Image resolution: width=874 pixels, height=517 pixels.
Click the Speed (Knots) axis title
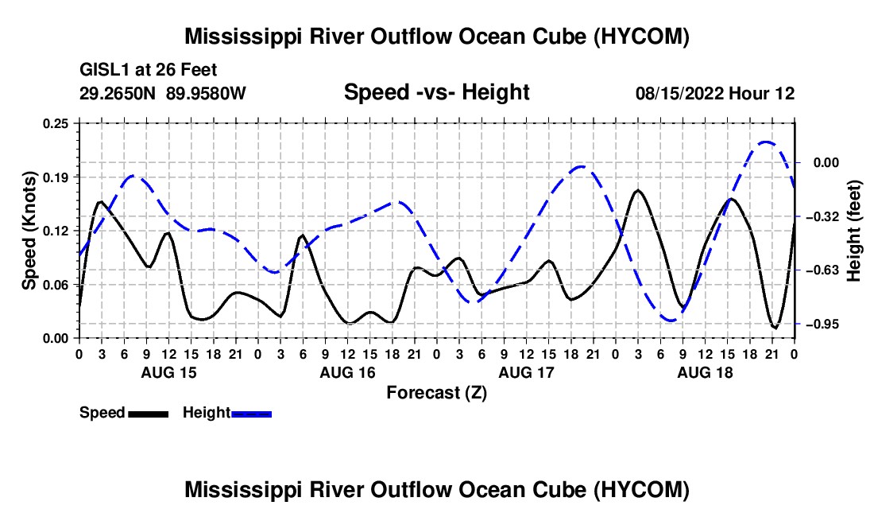coord(29,231)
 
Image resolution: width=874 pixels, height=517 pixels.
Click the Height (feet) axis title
coord(854,231)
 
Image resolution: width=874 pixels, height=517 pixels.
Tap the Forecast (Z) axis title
coord(436,393)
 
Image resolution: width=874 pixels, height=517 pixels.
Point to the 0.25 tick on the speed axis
coord(56,124)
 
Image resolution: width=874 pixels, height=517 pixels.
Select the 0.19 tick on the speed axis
coord(56,177)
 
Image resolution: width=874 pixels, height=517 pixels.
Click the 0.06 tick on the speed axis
coord(56,285)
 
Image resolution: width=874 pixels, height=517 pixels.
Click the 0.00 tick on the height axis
coord(826,163)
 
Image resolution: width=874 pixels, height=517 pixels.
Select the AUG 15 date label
coord(169,372)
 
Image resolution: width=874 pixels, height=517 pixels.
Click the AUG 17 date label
coord(527,372)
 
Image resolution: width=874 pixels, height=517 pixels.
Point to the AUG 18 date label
coord(705,372)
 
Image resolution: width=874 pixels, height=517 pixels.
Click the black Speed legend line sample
coord(149,414)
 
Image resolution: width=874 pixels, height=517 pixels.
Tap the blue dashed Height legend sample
coord(251,414)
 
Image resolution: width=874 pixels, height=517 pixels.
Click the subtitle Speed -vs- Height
coord(436,92)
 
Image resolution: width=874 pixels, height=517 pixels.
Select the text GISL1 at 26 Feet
coord(149,70)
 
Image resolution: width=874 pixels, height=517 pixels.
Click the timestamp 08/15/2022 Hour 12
coord(715,93)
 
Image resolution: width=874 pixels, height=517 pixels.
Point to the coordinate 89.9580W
coord(206,93)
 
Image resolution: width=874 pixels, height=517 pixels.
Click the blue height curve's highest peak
coord(767,142)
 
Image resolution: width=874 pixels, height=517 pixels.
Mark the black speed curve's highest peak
coord(638,191)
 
